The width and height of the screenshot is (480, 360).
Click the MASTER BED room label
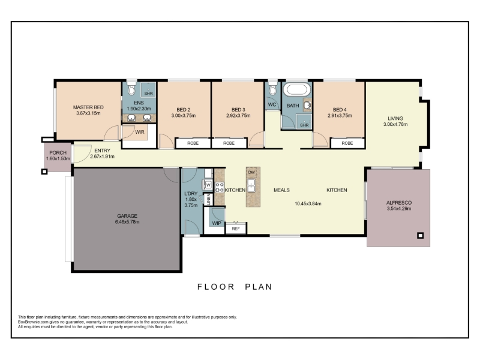[x=88, y=107]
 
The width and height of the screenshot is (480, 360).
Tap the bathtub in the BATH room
[x=296, y=89]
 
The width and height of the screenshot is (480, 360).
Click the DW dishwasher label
[x=251, y=172]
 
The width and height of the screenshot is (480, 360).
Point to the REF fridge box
[x=236, y=229]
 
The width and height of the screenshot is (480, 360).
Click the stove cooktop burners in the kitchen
[x=219, y=187]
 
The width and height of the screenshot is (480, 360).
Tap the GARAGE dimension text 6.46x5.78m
[x=127, y=221]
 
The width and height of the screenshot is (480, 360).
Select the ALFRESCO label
[x=399, y=203]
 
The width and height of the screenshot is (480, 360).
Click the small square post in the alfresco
[x=421, y=235]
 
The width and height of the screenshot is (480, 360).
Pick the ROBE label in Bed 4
[x=347, y=143]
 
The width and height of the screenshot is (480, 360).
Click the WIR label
[x=140, y=132]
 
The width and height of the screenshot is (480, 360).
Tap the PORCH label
[x=58, y=153]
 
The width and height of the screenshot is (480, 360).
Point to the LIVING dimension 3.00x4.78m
[x=395, y=124]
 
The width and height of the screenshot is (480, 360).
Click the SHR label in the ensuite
[x=148, y=94]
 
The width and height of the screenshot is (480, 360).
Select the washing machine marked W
[x=208, y=185]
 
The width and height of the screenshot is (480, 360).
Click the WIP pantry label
[x=217, y=223]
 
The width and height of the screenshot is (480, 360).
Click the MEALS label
[x=281, y=190]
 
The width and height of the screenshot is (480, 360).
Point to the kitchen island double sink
[x=251, y=185]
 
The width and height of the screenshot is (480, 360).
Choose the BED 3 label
[x=238, y=110]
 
